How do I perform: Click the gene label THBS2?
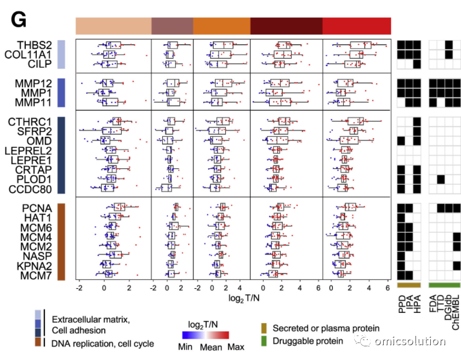[35, 45]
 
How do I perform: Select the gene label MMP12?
[33, 83]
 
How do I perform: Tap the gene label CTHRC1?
[30, 122]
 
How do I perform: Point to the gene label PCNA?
[37, 208]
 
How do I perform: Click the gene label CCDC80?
[30, 190]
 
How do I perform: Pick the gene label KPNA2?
[35, 266]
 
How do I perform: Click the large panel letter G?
[19, 20]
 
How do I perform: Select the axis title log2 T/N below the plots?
[244, 298]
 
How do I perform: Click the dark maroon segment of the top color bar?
[286, 26]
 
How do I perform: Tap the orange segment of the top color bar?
[221, 26]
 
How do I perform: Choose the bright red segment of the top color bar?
[357, 26]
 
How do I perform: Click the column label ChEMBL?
[456, 313]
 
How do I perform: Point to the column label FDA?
[432, 304]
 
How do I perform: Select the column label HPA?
[417, 304]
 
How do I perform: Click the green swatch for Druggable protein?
[264, 341]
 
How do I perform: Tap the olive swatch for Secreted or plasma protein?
[264, 328]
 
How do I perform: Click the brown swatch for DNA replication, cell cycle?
[38, 342]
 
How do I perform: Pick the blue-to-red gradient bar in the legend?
[206, 335]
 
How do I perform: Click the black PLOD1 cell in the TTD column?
[440, 179]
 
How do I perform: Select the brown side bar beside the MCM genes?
[61, 242]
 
